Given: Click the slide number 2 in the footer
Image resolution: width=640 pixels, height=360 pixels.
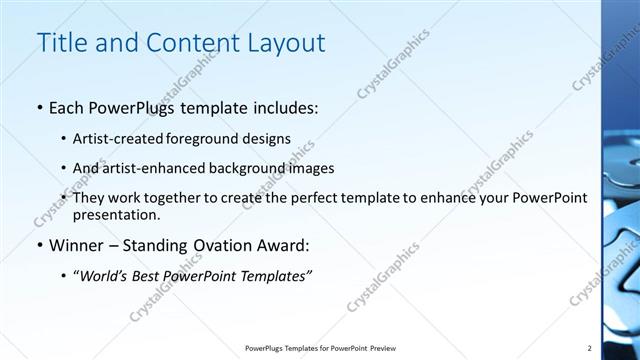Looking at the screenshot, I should click(x=589, y=347).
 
